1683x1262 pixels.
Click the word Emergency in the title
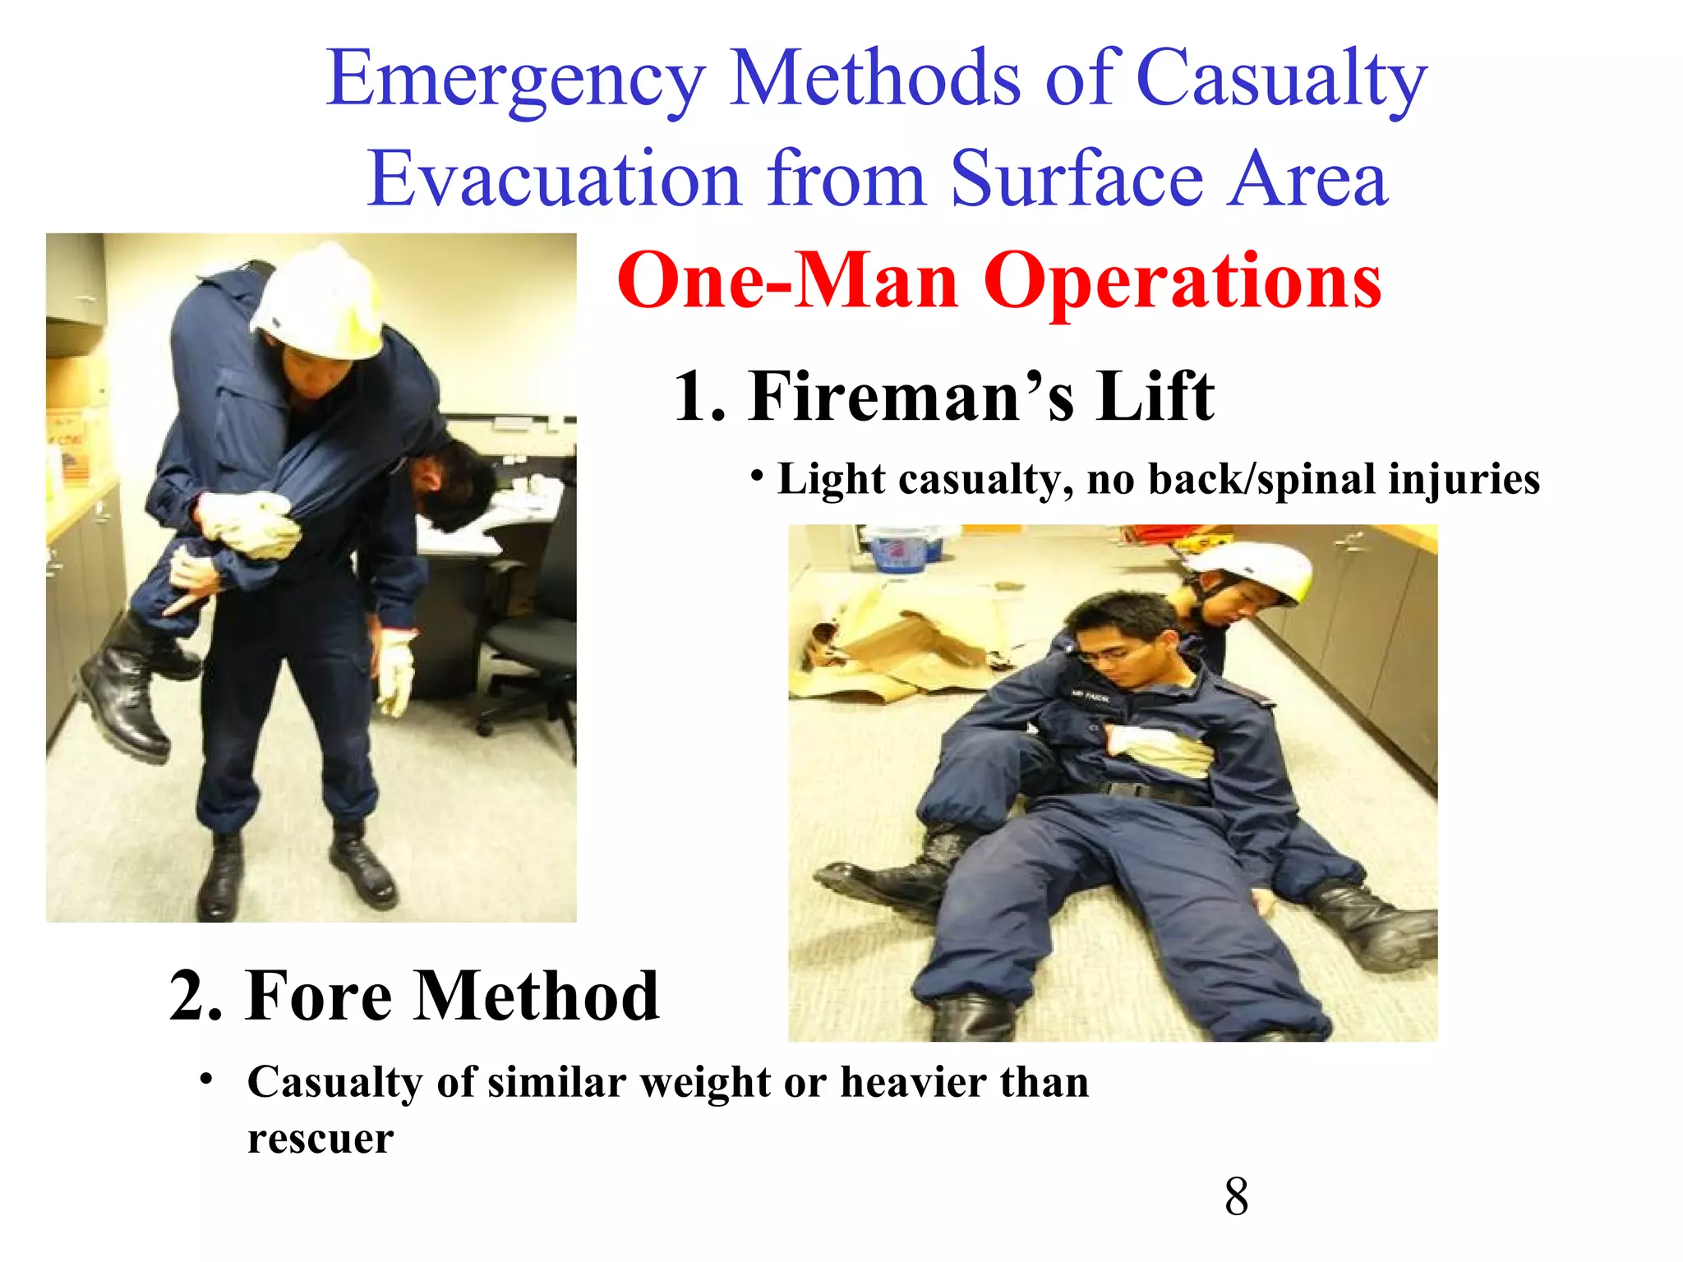click(x=515, y=81)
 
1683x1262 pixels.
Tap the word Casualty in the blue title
click(x=1281, y=81)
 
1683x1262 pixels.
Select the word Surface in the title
click(x=1077, y=179)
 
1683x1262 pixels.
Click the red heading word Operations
click(x=1183, y=281)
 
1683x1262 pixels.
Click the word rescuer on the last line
click(x=320, y=1139)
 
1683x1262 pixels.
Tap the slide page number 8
click(x=1236, y=1197)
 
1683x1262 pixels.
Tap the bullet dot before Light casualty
click(x=758, y=476)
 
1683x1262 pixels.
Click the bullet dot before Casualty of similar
click(x=207, y=1078)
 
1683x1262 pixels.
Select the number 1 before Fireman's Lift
click(x=690, y=397)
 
